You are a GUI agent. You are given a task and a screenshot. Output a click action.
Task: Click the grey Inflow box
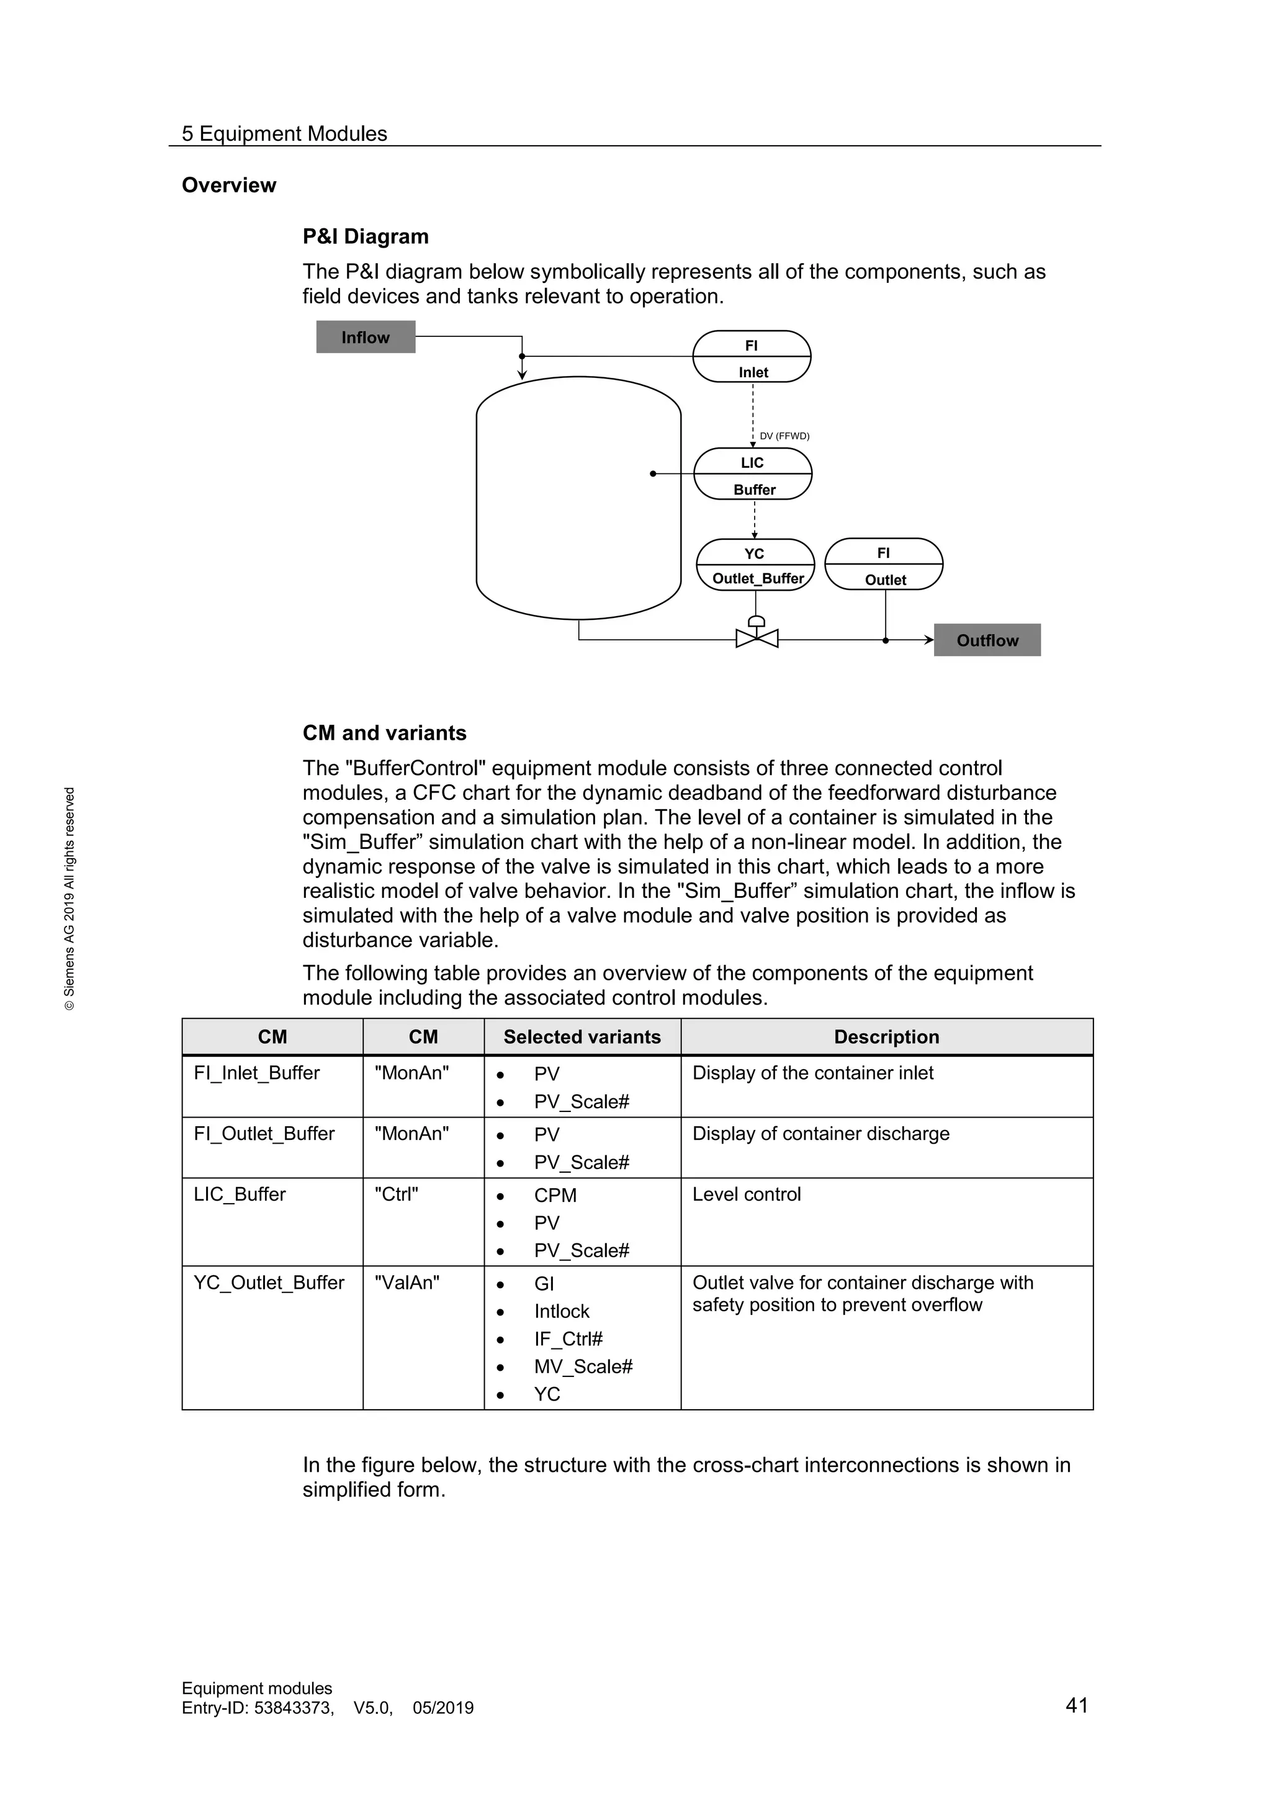coord(366,338)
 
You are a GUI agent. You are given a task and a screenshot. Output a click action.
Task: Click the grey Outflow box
coord(987,640)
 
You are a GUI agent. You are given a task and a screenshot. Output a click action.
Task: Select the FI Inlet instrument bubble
coord(752,357)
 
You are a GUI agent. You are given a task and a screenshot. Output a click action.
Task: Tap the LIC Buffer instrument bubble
coord(752,474)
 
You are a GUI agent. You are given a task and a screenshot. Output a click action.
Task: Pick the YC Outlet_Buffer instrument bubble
coord(755,565)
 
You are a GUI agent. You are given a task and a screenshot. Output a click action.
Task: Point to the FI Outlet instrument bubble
coord(884,564)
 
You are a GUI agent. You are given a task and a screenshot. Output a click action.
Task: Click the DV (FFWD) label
coord(784,436)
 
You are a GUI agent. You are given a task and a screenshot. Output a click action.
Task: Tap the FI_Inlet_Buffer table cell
coord(257,1073)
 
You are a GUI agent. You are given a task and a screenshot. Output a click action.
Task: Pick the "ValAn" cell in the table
coord(407,1283)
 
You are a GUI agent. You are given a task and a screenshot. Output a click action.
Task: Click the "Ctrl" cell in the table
coord(396,1194)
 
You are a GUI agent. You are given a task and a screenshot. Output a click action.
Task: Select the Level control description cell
coord(747,1194)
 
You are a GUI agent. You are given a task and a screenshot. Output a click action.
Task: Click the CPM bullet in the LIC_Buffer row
coord(555,1196)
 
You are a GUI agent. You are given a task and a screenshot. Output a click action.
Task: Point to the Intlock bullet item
coord(561,1312)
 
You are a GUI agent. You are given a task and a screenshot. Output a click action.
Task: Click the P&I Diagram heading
coord(366,236)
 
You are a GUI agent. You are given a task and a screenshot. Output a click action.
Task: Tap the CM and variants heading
coord(384,733)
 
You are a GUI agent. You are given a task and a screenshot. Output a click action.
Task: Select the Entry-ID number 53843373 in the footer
coord(294,1708)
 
